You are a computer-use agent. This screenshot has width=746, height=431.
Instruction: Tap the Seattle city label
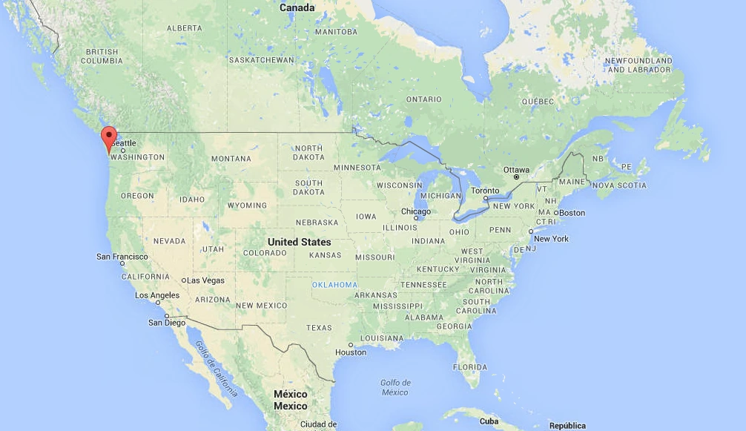(x=125, y=143)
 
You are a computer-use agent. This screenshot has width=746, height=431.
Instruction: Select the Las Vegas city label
(x=205, y=280)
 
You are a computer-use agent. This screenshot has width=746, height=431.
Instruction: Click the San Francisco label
(x=122, y=257)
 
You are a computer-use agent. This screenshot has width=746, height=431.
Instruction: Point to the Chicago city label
(x=416, y=211)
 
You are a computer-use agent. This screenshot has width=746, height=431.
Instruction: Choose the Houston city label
(x=351, y=352)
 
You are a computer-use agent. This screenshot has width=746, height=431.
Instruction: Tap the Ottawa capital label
(x=517, y=170)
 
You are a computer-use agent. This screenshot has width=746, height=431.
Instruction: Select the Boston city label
(x=572, y=213)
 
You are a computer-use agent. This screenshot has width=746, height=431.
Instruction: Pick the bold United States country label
(x=299, y=242)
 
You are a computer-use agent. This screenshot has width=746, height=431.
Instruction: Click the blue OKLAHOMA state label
(x=334, y=285)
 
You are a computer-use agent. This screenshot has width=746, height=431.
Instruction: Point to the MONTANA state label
(x=231, y=159)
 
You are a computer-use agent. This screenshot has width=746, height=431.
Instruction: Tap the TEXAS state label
(x=319, y=328)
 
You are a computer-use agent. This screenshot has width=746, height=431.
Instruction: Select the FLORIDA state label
(x=470, y=366)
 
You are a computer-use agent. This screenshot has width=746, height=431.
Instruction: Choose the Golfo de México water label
(x=395, y=387)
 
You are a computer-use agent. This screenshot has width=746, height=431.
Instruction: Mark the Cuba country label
(x=489, y=421)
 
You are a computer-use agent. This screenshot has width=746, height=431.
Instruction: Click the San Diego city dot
(x=168, y=316)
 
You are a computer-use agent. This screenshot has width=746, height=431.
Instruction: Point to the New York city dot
(x=530, y=231)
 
